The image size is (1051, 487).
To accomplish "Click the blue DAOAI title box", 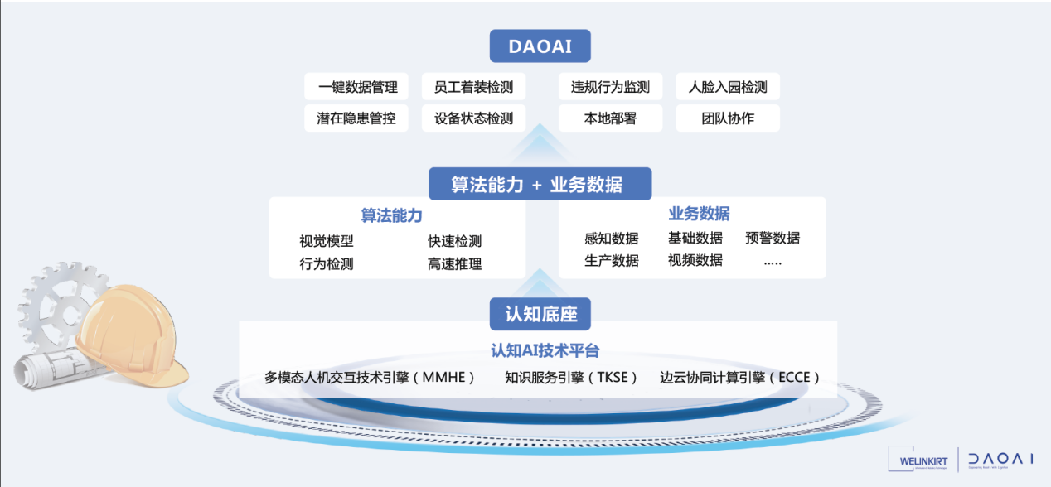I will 540,46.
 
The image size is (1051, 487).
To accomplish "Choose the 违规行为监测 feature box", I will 610,87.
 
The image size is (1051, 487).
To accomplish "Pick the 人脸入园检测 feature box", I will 728,87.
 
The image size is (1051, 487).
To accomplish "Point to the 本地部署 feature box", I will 610,118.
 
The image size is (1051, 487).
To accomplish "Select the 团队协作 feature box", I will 728,118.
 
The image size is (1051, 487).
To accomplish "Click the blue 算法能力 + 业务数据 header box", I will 540,184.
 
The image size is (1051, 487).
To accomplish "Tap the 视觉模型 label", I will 327,242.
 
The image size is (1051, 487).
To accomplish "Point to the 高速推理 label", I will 454,264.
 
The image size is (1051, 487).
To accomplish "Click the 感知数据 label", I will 612,239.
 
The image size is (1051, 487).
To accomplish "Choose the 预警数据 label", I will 773,238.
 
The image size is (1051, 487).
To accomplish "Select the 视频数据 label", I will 695,260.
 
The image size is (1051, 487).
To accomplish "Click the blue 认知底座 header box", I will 540,314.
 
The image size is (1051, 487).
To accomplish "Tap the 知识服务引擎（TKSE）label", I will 572,378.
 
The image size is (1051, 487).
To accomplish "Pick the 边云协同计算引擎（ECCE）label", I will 740,378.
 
